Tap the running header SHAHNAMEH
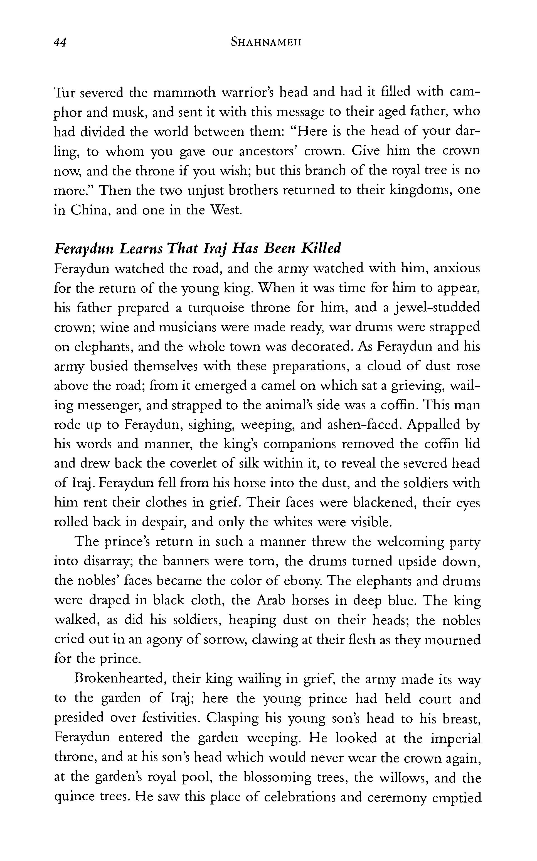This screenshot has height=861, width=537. coord(266,43)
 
